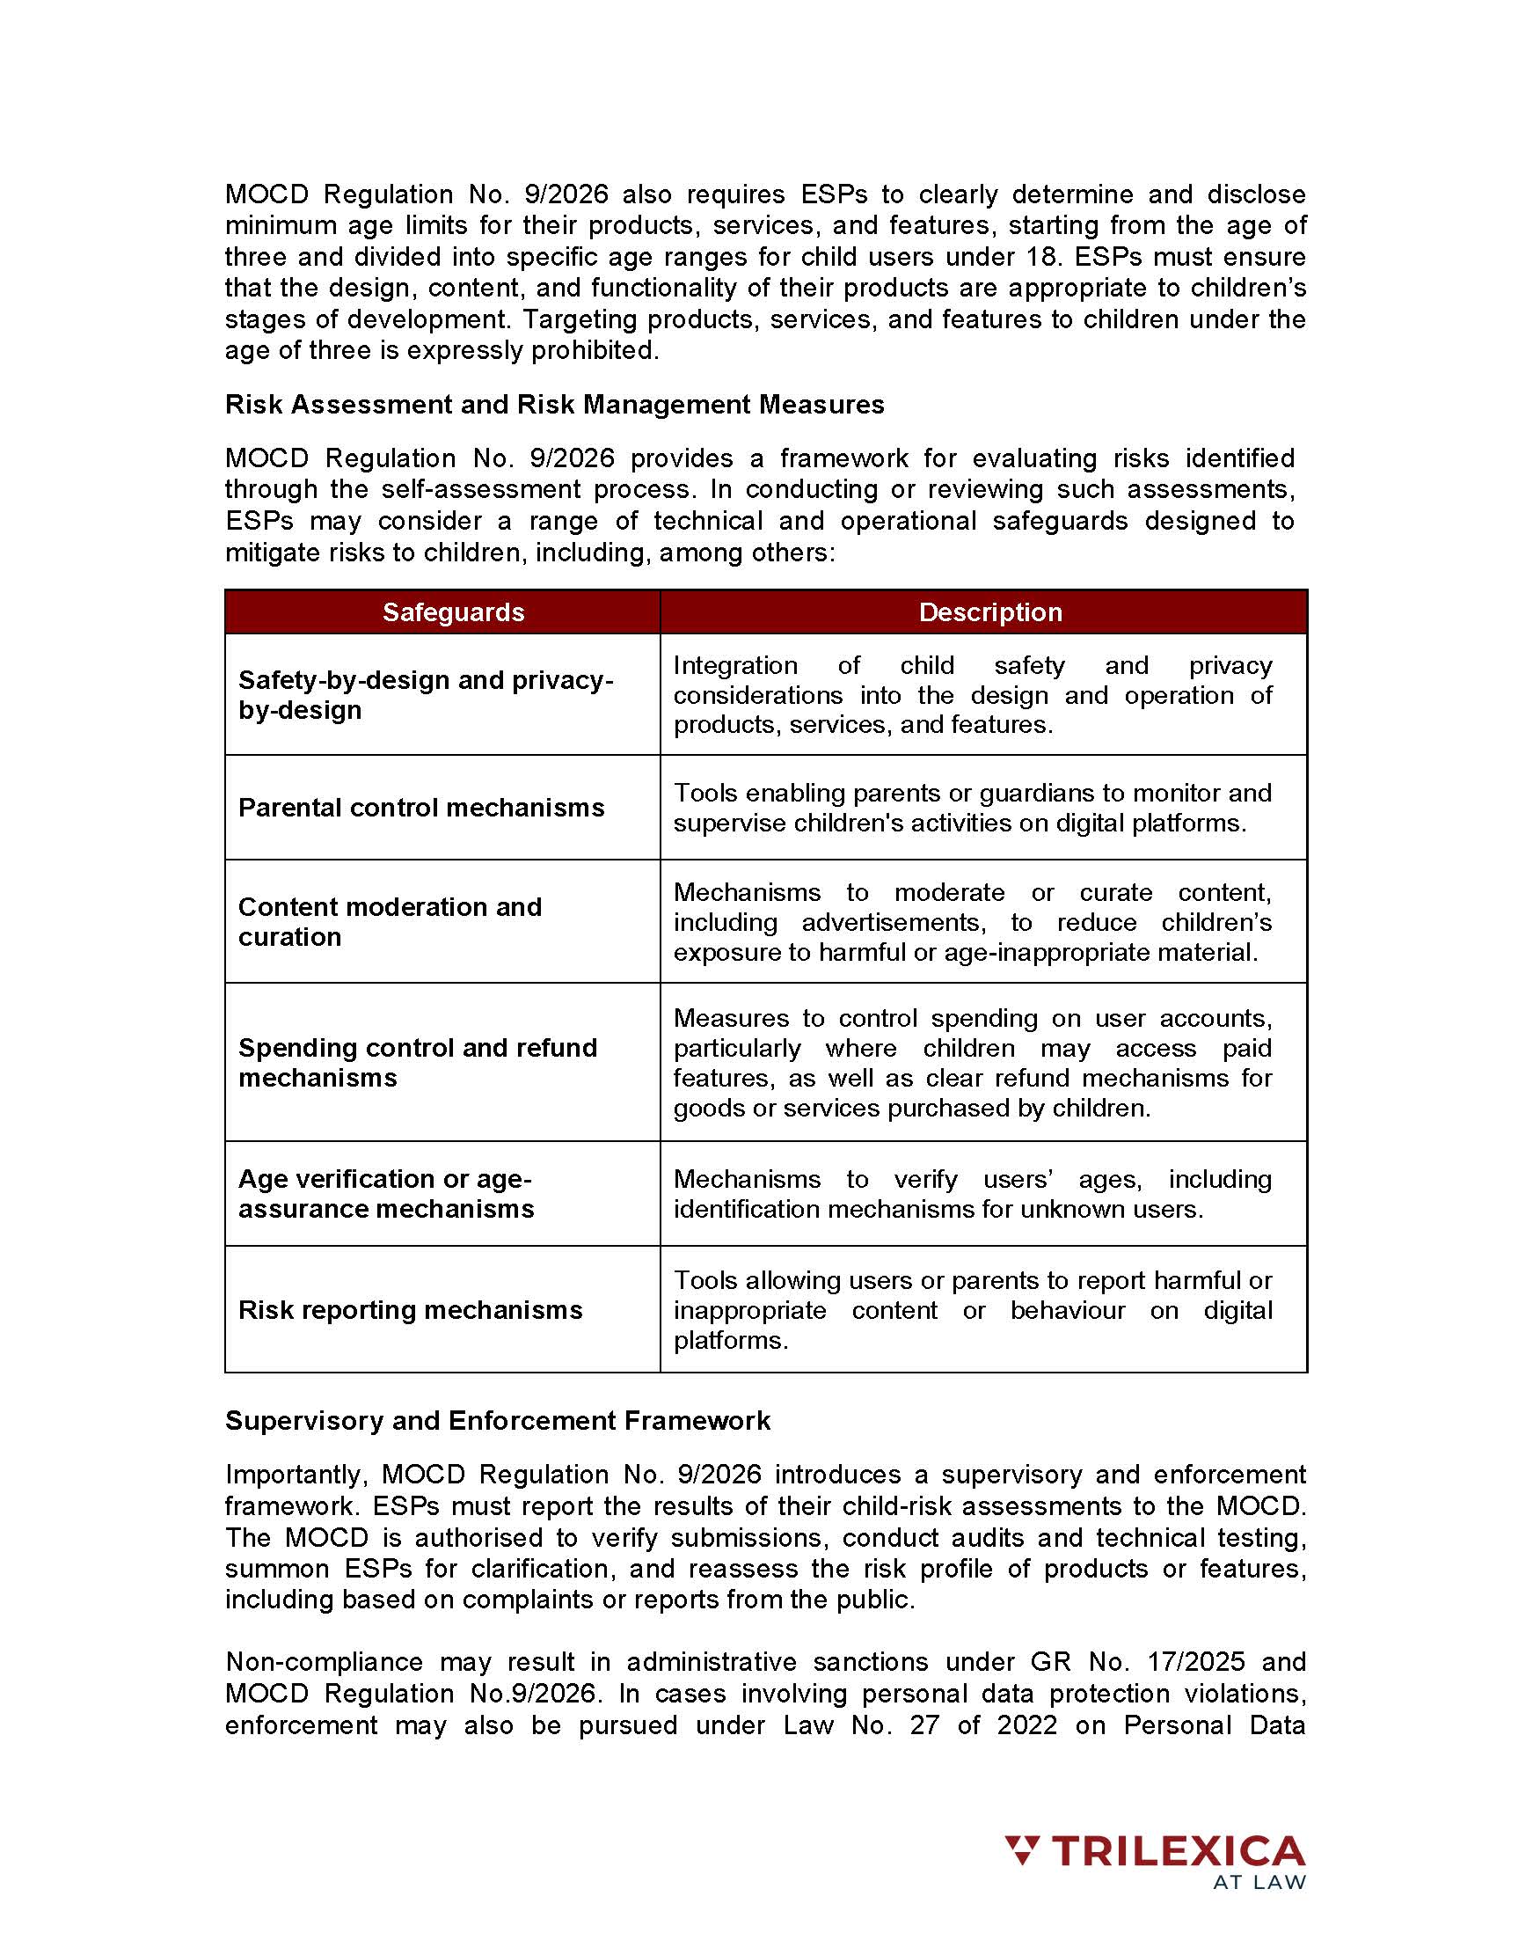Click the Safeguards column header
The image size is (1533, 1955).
tap(453, 612)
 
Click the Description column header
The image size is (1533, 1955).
tap(990, 612)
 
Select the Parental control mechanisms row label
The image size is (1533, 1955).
tap(421, 808)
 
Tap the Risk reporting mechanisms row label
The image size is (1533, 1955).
tap(410, 1310)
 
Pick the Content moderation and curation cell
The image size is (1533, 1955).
tap(390, 922)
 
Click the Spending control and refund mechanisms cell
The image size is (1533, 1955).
tap(418, 1063)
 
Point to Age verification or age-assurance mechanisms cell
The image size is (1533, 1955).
tap(386, 1194)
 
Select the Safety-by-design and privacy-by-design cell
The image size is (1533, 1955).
tap(426, 695)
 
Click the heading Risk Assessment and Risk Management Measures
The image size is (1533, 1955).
tap(554, 405)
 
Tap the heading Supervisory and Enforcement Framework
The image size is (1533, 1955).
tap(497, 1421)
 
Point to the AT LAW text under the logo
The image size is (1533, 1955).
tap(1259, 1883)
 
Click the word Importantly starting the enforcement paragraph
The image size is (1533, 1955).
tap(296, 1475)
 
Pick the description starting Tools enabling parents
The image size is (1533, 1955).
tap(972, 808)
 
